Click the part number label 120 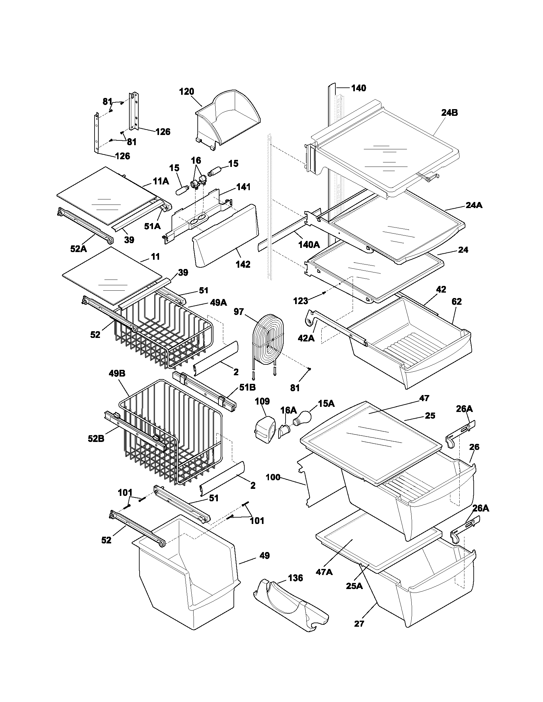click(x=187, y=92)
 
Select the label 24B click(x=449, y=113)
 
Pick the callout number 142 click(x=243, y=264)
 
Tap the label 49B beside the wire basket click(x=117, y=374)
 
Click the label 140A click(x=309, y=245)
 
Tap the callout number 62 click(x=456, y=301)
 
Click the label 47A click(x=325, y=572)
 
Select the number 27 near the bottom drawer click(x=359, y=632)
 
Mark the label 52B click(x=96, y=438)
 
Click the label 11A click(x=161, y=181)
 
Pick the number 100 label click(x=273, y=477)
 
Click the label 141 click(x=243, y=187)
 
